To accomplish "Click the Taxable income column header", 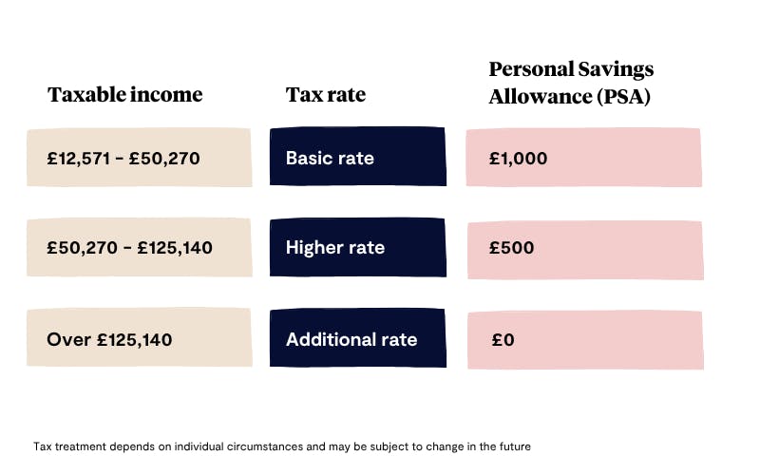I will [x=124, y=95].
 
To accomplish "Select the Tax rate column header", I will [x=325, y=95].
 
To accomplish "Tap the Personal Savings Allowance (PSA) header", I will [x=571, y=83].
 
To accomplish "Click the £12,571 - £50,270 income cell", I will [x=139, y=158].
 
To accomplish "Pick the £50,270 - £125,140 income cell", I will [x=139, y=248].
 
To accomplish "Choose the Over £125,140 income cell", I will [x=139, y=339].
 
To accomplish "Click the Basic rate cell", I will [x=357, y=158].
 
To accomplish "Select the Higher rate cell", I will [x=357, y=248].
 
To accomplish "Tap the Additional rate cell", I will [x=357, y=339].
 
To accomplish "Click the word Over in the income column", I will [x=66, y=339].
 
